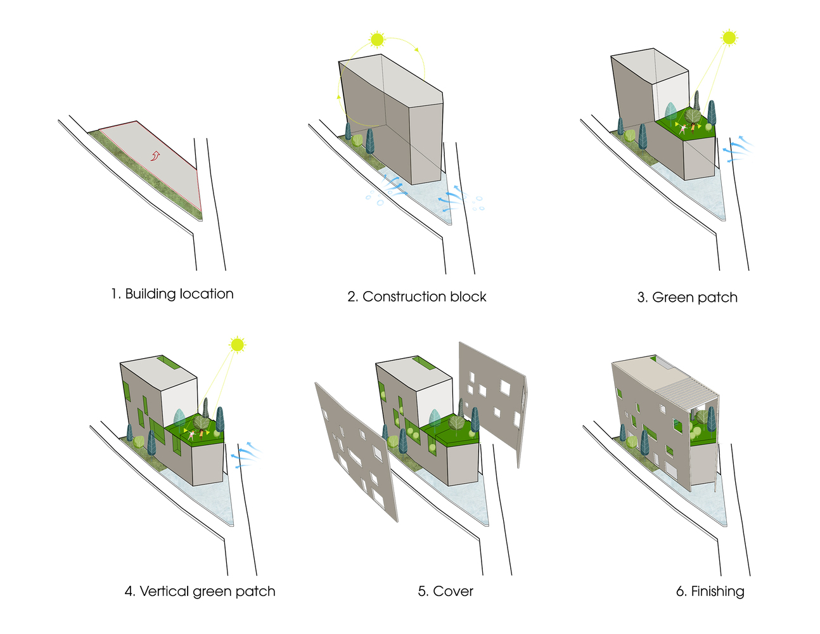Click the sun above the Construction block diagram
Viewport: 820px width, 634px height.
coord(377,39)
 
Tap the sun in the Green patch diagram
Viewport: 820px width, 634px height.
coord(729,37)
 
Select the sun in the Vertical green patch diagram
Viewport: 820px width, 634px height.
coord(237,344)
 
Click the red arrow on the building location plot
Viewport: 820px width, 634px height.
coord(155,155)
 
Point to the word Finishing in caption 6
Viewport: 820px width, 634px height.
coord(717,592)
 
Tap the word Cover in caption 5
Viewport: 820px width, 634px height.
coord(453,592)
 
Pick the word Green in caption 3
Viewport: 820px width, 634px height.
coord(672,297)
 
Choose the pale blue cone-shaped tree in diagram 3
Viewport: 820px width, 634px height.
coord(670,112)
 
